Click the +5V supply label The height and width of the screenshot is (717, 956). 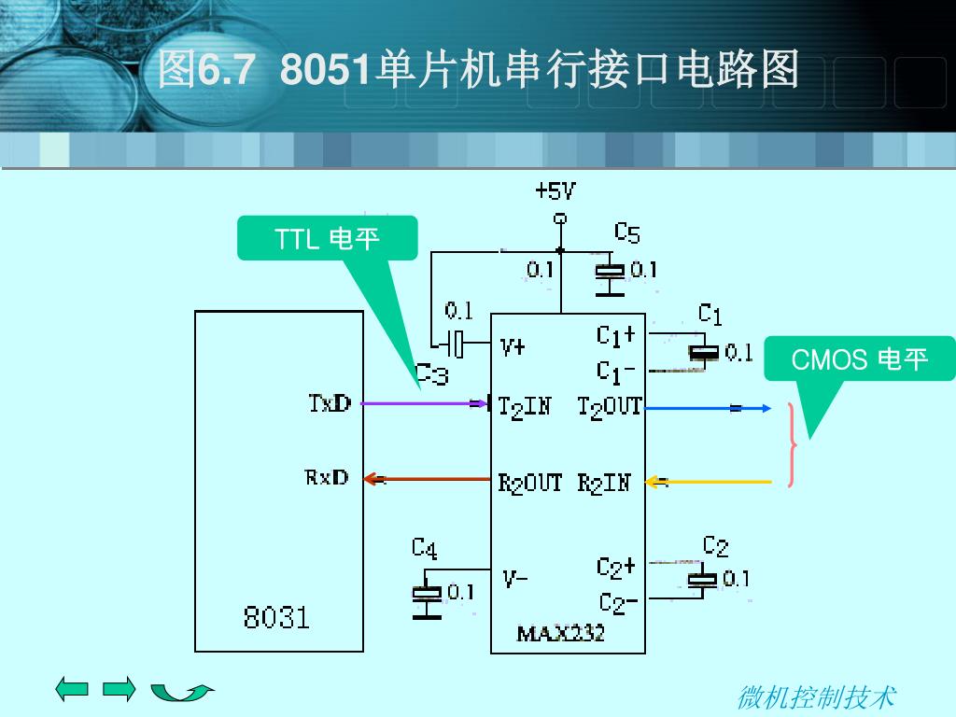click(555, 191)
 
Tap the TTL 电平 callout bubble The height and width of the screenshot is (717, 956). click(328, 238)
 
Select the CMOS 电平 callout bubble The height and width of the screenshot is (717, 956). click(859, 359)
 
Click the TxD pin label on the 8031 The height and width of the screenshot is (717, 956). click(330, 403)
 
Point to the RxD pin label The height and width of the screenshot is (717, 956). click(327, 477)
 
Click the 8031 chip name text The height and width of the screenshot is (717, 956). click(276, 617)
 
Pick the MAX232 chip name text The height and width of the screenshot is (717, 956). click(560, 634)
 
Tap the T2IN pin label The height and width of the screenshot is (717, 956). click(525, 407)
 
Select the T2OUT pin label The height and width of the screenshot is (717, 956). click(610, 407)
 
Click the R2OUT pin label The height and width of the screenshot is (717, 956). click(530, 484)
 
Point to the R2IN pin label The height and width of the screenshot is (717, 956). click(604, 484)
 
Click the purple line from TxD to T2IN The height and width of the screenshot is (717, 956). click(425, 403)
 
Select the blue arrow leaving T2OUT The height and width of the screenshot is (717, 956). click(708, 408)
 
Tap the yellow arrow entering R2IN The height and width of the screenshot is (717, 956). click(709, 482)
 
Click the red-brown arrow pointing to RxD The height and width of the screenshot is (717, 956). click(427, 479)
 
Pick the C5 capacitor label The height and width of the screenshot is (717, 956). click(626, 232)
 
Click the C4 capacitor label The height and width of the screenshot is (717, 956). click(425, 548)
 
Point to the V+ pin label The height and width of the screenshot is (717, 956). click(513, 347)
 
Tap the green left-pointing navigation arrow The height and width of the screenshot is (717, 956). click(72, 689)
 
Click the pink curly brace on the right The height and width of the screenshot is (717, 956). click(792, 444)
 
